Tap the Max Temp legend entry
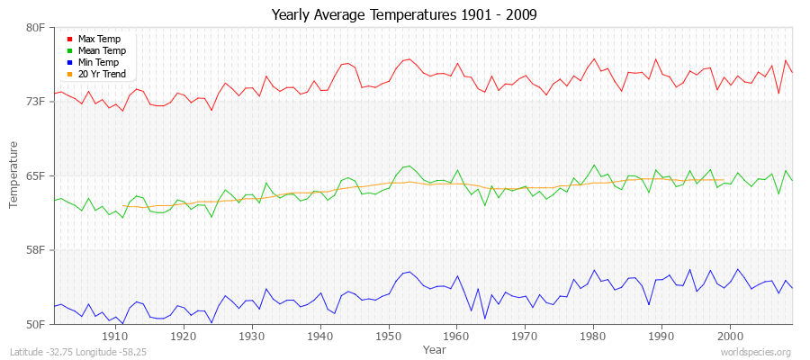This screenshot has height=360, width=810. pyautogui.click(x=99, y=39)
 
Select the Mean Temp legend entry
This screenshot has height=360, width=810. pyautogui.click(x=101, y=50)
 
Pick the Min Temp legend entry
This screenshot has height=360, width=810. pyautogui.click(x=98, y=62)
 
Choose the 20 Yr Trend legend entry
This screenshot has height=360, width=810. pyautogui.click(x=102, y=74)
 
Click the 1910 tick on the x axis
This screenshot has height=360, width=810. pyautogui.click(x=115, y=336)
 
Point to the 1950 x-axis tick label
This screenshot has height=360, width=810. pyautogui.click(x=388, y=336)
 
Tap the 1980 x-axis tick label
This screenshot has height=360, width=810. pyautogui.click(x=593, y=336)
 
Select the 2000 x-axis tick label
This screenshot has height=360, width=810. pyautogui.click(x=730, y=336)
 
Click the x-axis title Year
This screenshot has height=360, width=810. pyautogui.click(x=434, y=348)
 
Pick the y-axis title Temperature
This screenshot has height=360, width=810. pyautogui.click(x=14, y=175)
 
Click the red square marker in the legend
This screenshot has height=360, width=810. pyautogui.click(x=69, y=39)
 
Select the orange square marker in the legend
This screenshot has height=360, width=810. pyautogui.click(x=69, y=74)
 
